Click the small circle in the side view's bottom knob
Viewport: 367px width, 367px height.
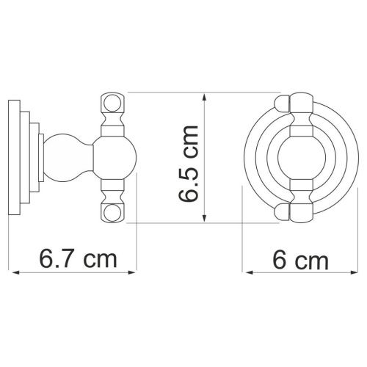coord(112,212)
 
